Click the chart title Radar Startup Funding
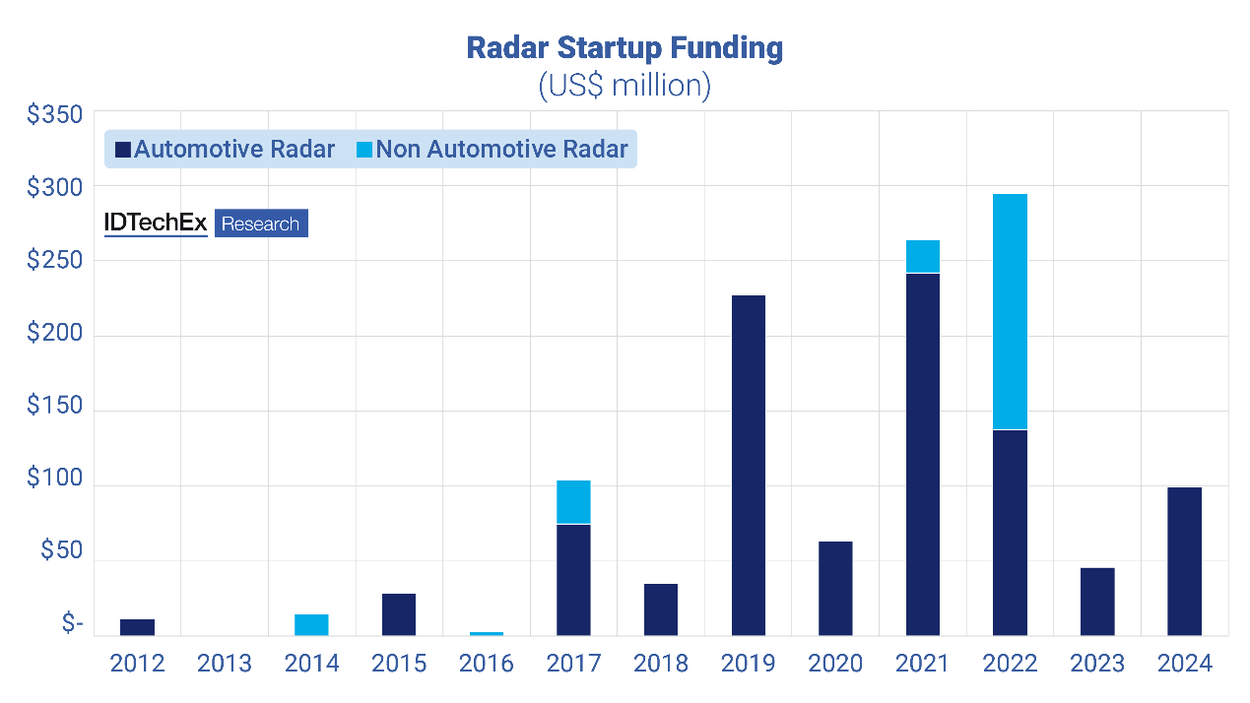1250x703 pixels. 624,48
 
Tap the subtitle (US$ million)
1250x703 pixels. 624,85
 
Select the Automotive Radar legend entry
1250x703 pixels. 226,150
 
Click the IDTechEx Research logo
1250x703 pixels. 206,224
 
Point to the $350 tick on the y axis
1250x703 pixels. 55,115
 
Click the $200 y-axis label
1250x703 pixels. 55,336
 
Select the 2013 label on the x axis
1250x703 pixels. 225,664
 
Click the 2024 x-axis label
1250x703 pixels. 1184,664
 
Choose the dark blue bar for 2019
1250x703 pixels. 749,465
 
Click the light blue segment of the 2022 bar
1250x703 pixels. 1010,311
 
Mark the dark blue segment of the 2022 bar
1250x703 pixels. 1010,532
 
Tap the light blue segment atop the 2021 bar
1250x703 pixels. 923,256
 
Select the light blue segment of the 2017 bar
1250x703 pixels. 573,502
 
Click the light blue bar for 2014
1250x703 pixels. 312,625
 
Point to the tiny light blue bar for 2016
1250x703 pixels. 487,633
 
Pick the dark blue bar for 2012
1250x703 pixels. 138,627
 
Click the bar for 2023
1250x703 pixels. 1097,602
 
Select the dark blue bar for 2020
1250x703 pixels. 835,588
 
